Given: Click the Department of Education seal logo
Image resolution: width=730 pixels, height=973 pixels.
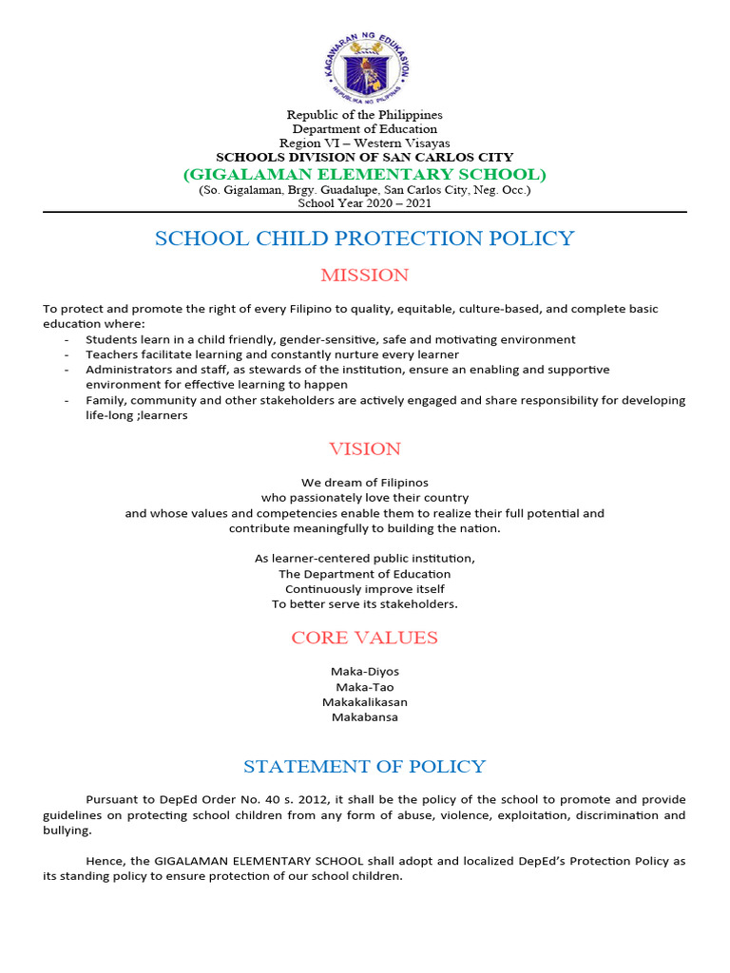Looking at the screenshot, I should tap(365, 67).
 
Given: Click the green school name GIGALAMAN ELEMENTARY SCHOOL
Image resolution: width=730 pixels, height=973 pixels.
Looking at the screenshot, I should tap(365, 174).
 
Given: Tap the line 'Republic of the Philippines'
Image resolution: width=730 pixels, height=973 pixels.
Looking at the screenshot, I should tap(365, 115).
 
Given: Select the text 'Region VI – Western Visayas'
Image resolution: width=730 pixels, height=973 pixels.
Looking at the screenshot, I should tap(365, 143).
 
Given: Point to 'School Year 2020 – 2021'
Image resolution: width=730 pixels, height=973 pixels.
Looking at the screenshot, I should tap(365, 202).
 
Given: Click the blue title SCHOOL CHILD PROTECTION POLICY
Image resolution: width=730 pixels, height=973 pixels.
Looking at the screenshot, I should tap(365, 238).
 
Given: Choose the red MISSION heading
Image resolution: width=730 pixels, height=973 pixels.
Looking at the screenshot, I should tap(365, 276).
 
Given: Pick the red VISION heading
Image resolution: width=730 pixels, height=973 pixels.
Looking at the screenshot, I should tap(365, 448).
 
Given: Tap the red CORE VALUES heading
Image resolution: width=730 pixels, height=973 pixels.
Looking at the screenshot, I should tap(365, 638).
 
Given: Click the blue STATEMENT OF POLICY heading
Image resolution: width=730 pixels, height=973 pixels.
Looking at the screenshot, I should tap(365, 767).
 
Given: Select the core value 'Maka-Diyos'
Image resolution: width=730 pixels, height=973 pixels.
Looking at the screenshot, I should tap(365, 672).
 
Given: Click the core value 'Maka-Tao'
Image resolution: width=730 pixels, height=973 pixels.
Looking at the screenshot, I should tap(365, 687).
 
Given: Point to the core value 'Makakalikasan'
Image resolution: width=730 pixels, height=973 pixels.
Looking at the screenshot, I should tap(365, 702).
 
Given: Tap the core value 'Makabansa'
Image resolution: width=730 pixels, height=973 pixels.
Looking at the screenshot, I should tap(365, 717).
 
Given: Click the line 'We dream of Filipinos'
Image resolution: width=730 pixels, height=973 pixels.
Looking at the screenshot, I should tap(365, 483).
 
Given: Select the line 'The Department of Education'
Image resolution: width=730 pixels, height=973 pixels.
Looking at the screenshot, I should tap(365, 574).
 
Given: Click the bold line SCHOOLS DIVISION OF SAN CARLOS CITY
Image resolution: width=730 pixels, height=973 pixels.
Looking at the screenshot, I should tap(365, 157).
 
